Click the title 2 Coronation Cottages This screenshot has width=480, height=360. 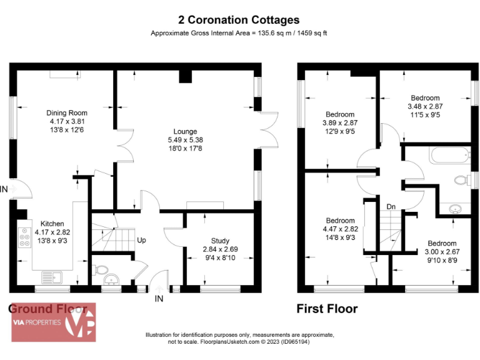(x=240, y=20)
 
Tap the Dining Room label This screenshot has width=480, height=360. (x=67, y=113)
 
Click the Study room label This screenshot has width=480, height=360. (x=220, y=241)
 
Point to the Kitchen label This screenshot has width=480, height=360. (x=52, y=223)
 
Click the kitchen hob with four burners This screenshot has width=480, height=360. (x=24, y=237)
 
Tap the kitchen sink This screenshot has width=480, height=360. (x=50, y=275)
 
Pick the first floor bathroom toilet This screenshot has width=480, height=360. (x=462, y=181)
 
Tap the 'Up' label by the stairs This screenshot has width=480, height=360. (x=142, y=240)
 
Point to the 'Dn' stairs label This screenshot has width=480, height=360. (x=391, y=206)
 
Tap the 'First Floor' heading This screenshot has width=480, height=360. (x=327, y=309)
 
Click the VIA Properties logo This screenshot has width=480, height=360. (x=52, y=322)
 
